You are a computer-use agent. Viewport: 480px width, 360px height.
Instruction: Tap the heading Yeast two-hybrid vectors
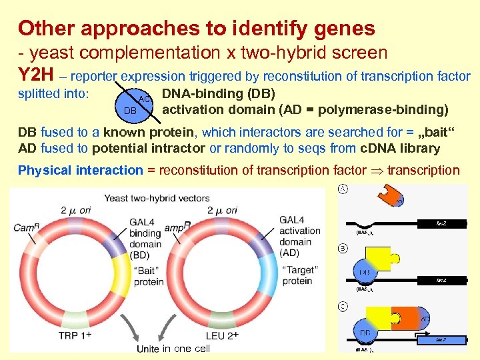[156, 197]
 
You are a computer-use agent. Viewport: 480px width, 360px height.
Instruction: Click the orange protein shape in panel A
[388, 195]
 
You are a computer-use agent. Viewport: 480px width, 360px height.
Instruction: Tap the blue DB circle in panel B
[365, 272]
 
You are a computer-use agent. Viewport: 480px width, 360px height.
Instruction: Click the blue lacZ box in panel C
[440, 339]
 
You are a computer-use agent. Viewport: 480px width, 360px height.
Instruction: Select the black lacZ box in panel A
[441, 223]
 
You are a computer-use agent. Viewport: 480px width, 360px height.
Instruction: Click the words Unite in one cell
[173, 349]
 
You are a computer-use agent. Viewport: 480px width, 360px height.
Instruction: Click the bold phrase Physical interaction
[81, 170]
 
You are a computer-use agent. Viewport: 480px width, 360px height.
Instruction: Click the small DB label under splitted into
[131, 109]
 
